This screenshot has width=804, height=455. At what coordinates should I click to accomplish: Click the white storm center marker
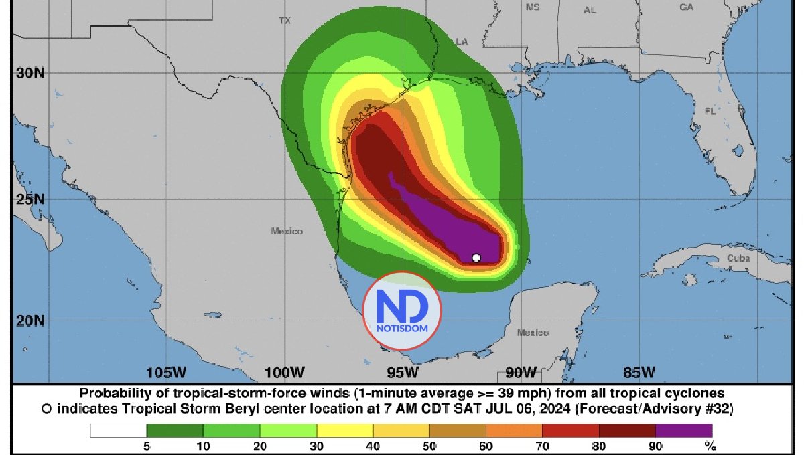476,258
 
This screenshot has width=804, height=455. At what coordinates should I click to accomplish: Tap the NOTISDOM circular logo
401,310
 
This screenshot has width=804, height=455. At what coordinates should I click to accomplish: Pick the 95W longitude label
403,372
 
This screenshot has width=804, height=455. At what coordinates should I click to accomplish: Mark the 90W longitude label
521,372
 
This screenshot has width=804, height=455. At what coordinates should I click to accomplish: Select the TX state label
285,21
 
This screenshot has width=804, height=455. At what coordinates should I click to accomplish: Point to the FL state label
710,112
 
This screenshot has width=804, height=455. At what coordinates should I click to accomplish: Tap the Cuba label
739,258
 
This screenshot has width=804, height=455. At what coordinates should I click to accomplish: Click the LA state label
462,41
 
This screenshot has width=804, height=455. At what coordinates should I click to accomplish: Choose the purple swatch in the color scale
683,430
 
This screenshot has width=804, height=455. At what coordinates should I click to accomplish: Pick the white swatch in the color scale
119,430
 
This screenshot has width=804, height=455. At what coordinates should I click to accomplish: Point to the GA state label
686,7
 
